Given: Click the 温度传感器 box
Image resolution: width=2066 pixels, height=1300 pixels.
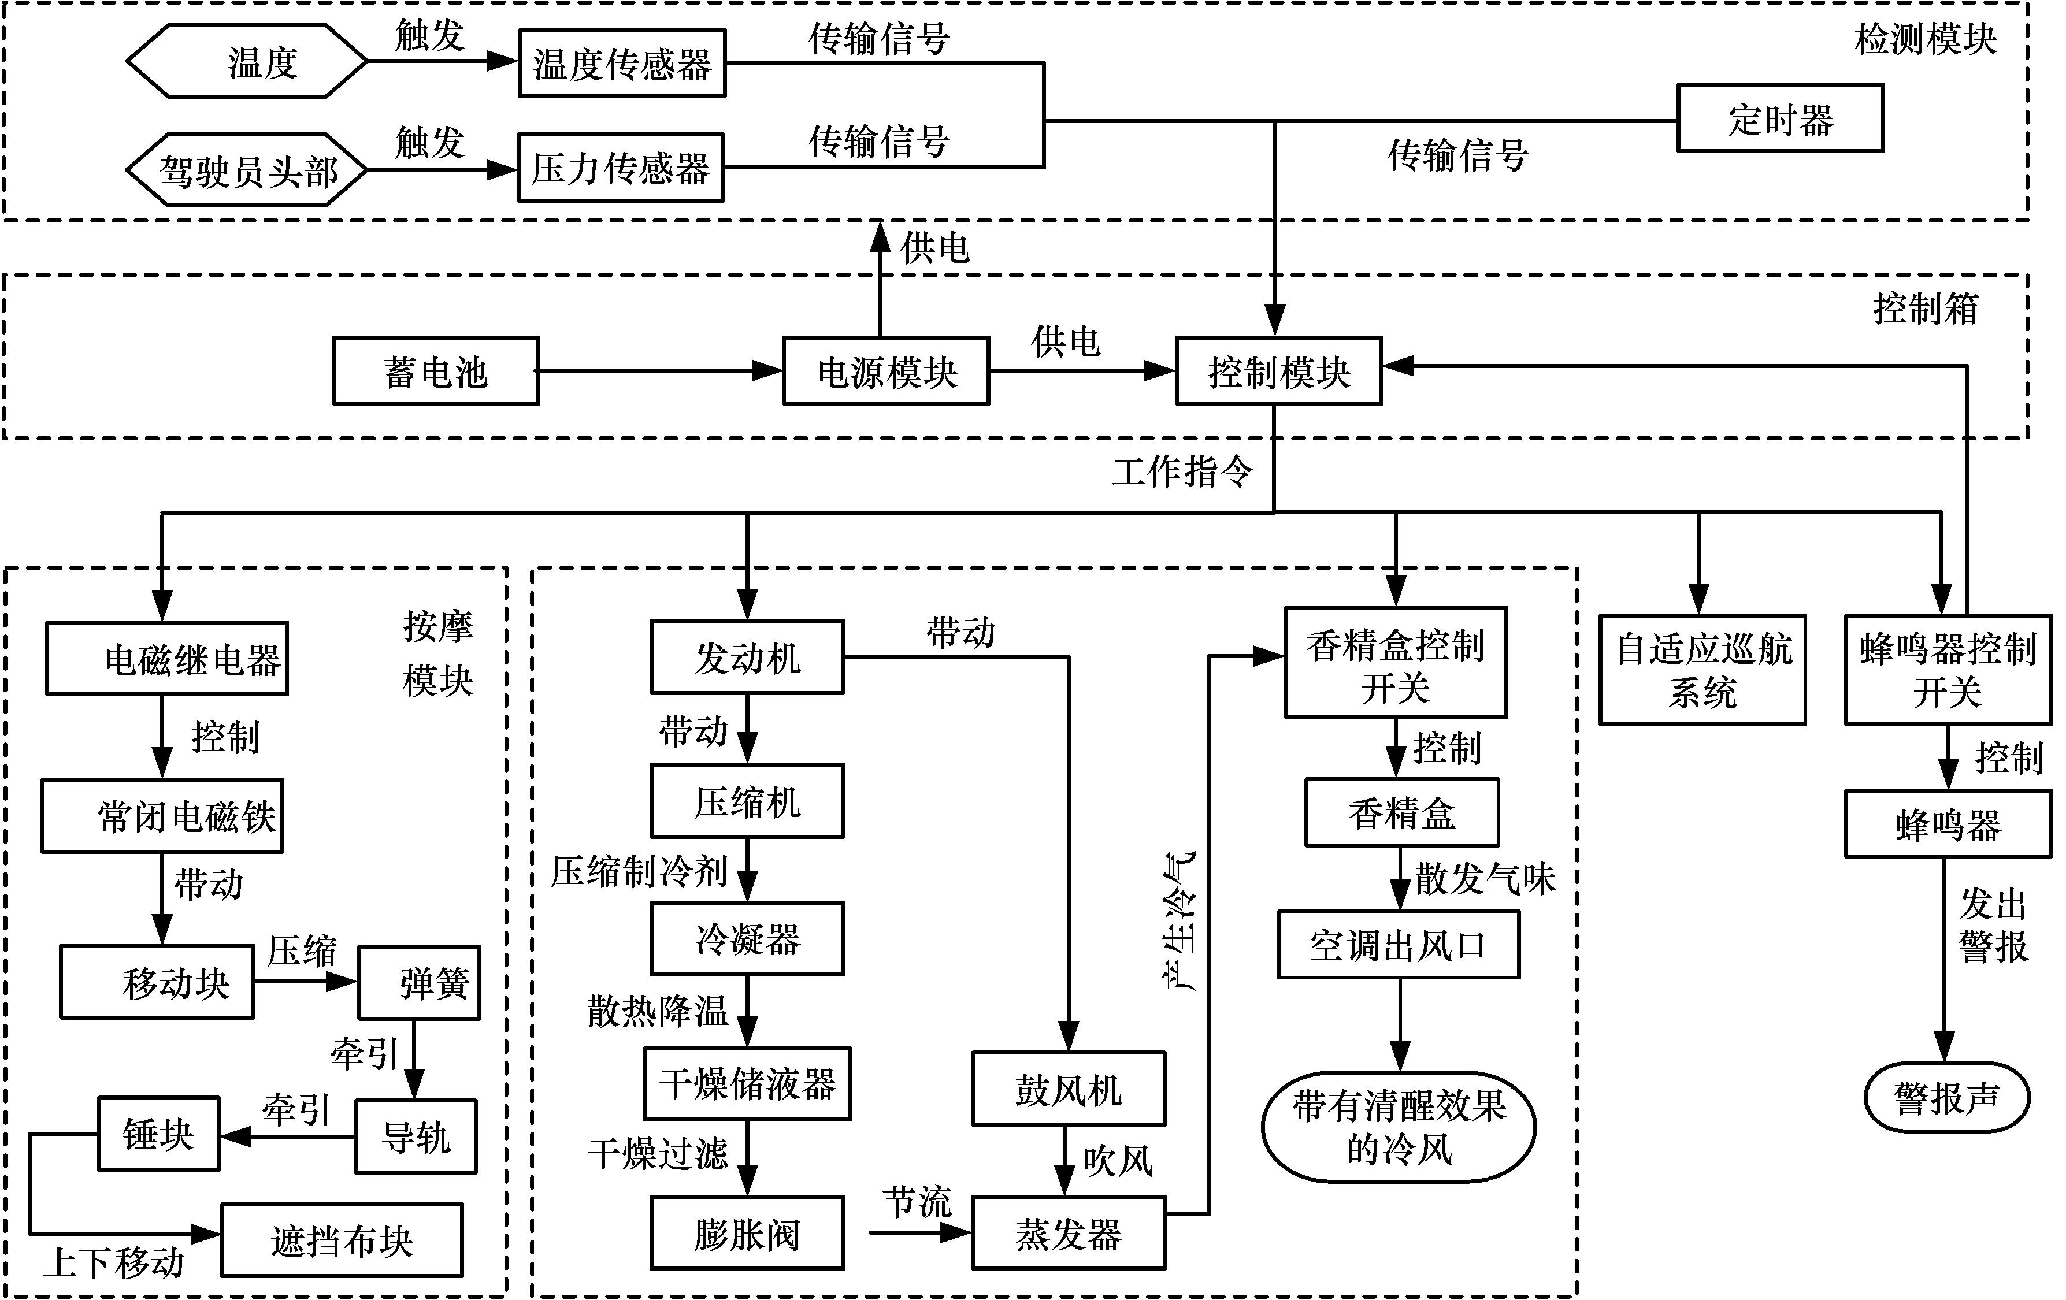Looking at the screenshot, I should (622, 64).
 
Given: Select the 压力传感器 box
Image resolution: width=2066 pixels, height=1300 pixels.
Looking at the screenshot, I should (620, 168).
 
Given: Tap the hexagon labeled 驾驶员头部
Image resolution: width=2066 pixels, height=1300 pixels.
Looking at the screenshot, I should (247, 170).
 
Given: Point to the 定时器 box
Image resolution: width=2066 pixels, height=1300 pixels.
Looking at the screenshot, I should (1781, 118).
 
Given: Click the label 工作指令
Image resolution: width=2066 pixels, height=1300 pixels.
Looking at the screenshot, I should (1182, 471).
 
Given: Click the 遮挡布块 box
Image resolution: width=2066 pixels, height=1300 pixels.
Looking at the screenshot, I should (342, 1240).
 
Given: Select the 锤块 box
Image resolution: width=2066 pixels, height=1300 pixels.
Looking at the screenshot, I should (159, 1134).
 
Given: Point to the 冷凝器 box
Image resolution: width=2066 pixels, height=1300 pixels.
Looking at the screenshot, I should (747, 939).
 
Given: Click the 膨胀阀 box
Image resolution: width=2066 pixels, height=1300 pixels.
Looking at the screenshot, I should (747, 1233).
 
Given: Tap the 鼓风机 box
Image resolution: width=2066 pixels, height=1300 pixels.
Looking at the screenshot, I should (1068, 1089).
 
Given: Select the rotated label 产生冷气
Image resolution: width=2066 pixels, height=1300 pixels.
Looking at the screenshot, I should (1181, 922).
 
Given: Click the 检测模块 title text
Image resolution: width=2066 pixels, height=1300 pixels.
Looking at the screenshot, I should (1926, 39).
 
